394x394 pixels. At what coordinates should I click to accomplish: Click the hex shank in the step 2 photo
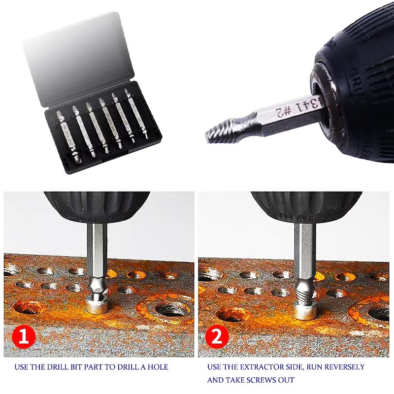point(304,254)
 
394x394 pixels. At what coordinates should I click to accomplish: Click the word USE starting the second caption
point(215,367)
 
